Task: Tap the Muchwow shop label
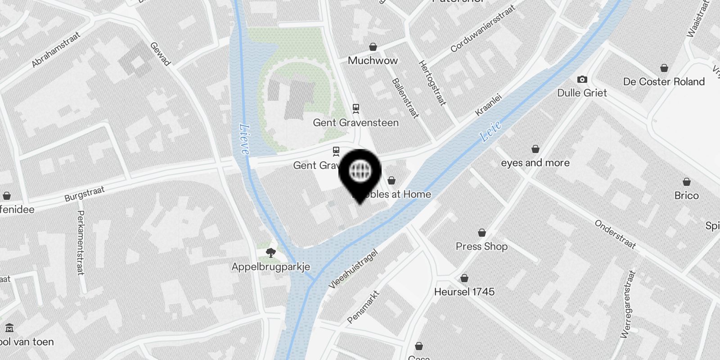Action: tap(373, 61)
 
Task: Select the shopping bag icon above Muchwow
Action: tap(373, 47)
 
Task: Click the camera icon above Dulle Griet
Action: tap(582, 80)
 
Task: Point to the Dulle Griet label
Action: tap(582, 93)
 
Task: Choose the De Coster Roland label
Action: tap(664, 82)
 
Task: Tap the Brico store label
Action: tap(686, 196)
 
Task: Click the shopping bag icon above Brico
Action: tap(686, 182)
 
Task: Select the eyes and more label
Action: tap(535, 163)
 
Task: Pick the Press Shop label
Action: tap(481, 247)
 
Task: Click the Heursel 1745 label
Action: tap(464, 292)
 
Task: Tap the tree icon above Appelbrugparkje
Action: tap(270, 253)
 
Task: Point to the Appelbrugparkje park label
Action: tap(270, 267)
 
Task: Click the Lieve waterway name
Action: tap(244, 139)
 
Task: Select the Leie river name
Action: tap(490, 131)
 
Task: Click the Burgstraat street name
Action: tap(84, 194)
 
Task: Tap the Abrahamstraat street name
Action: tap(56, 49)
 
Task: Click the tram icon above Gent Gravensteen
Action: tap(356, 108)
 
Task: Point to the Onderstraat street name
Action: tap(615, 234)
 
